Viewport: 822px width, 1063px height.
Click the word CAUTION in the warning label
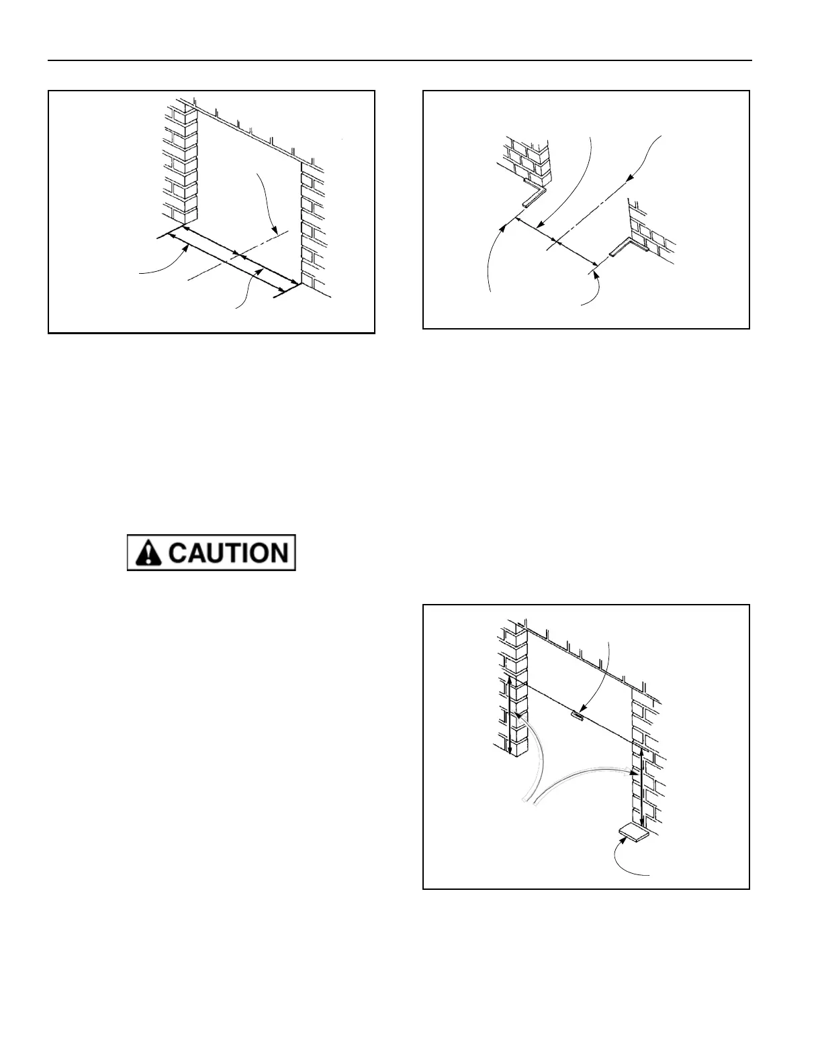click(x=228, y=553)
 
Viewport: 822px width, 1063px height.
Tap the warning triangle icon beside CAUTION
click(x=144, y=554)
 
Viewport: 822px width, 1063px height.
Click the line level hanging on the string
click(x=576, y=715)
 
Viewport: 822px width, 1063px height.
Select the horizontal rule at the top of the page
click(x=400, y=60)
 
